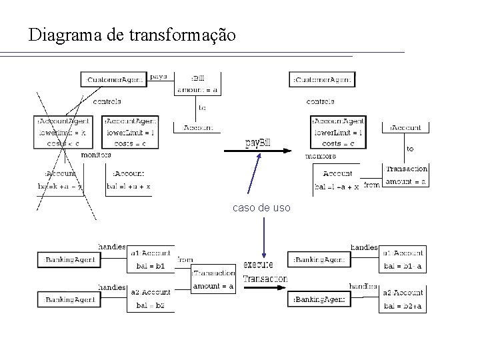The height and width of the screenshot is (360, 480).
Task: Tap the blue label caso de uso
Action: pos(261,208)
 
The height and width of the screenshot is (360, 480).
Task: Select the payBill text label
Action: pos(258,142)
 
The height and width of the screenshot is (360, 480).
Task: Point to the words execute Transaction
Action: pos(265,271)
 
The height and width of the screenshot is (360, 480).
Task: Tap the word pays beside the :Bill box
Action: pos(159,77)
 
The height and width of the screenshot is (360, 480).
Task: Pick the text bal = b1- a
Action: pos(403,266)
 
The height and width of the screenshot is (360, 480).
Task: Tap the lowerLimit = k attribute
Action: pos(59,133)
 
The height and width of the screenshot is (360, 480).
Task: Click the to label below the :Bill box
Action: pos(202,107)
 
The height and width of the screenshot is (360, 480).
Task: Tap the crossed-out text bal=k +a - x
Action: pos(60,186)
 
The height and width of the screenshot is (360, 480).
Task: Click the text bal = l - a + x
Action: pos(336,187)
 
